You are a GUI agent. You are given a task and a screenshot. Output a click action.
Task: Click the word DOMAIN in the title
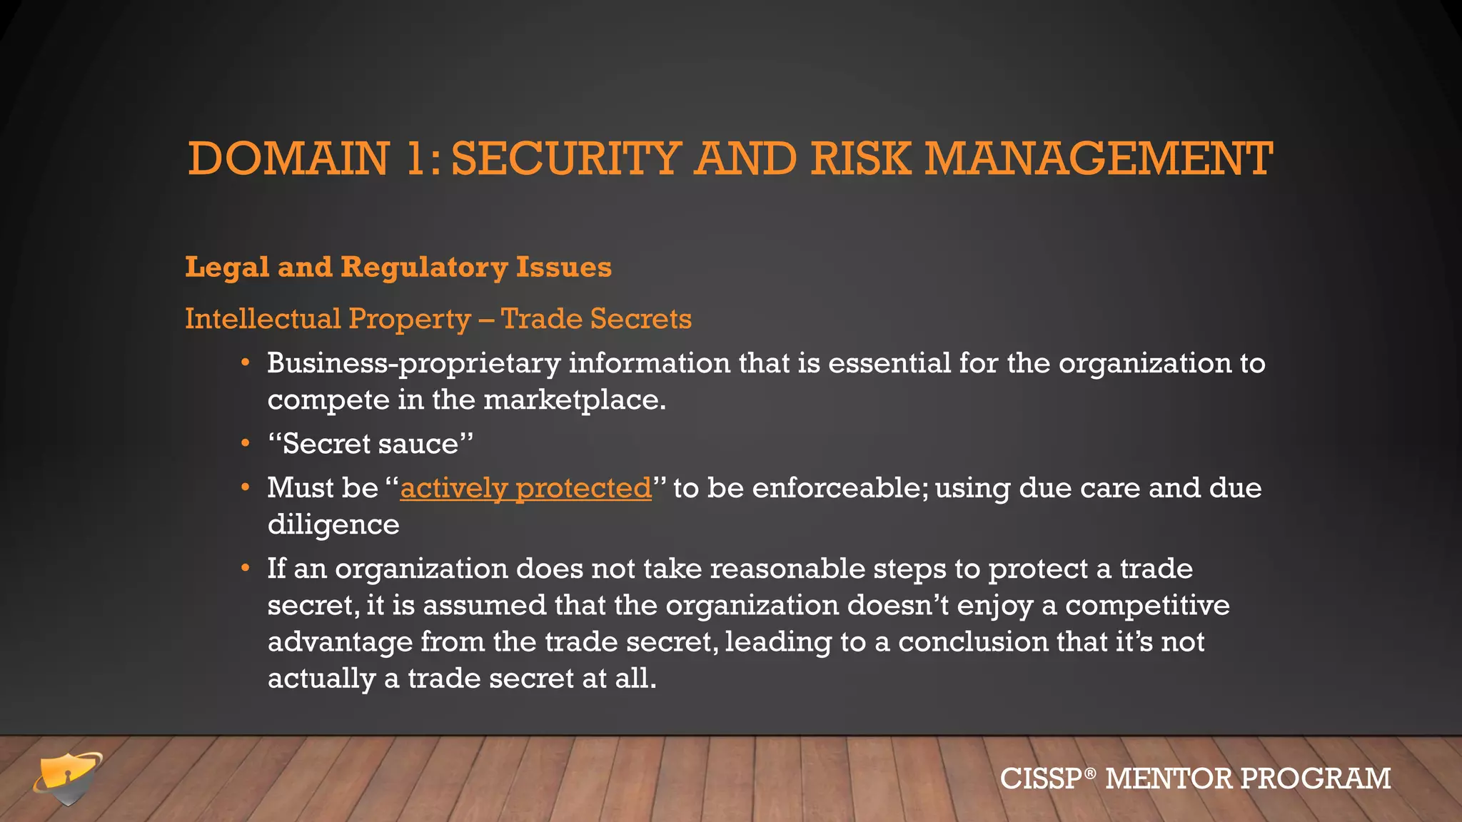pos(288,158)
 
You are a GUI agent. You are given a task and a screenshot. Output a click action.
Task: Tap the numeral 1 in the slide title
pos(415,158)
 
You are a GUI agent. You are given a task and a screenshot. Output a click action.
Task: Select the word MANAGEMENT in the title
pos(1099,158)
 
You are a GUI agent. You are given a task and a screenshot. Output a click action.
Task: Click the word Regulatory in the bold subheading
pos(424,268)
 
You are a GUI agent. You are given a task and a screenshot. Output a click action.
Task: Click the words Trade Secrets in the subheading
pos(596,319)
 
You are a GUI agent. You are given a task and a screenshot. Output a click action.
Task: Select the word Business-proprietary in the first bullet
pos(413,364)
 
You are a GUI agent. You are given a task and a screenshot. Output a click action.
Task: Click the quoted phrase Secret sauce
pos(370,445)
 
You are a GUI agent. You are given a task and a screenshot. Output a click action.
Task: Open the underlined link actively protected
pos(525,489)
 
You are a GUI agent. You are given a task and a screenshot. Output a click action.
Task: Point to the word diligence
pos(333,525)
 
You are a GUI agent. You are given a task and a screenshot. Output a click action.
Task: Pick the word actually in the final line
pos(321,679)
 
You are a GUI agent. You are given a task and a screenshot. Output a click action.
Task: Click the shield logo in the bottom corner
pos(68,778)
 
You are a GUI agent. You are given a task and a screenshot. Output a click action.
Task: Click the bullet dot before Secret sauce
pos(246,444)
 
